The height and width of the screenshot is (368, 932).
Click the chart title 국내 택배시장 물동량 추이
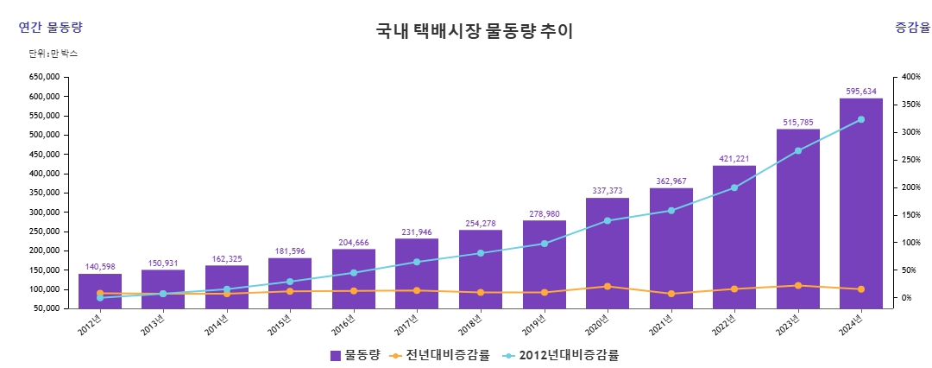click(474, 32)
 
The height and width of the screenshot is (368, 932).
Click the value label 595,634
click(860, 91)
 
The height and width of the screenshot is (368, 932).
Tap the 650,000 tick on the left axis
click(44, 77)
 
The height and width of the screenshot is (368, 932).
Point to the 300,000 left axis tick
click(44, 212)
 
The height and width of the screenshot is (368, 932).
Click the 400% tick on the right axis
click(911, 77)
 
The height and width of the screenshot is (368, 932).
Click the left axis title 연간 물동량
click(51, 28)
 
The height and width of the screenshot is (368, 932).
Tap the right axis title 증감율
click(912, 28)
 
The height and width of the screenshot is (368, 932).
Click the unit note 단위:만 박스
click(54, 54)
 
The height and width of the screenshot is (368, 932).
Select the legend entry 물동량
click(355, 355)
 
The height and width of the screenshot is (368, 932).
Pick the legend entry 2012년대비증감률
click(561, 355)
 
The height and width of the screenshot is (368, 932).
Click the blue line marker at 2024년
click(860, 119)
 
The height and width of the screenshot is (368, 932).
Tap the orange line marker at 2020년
click(608, 286)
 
